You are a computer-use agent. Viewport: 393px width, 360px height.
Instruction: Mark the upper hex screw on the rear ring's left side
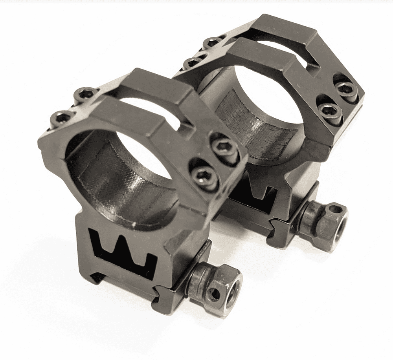coord(213,42)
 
